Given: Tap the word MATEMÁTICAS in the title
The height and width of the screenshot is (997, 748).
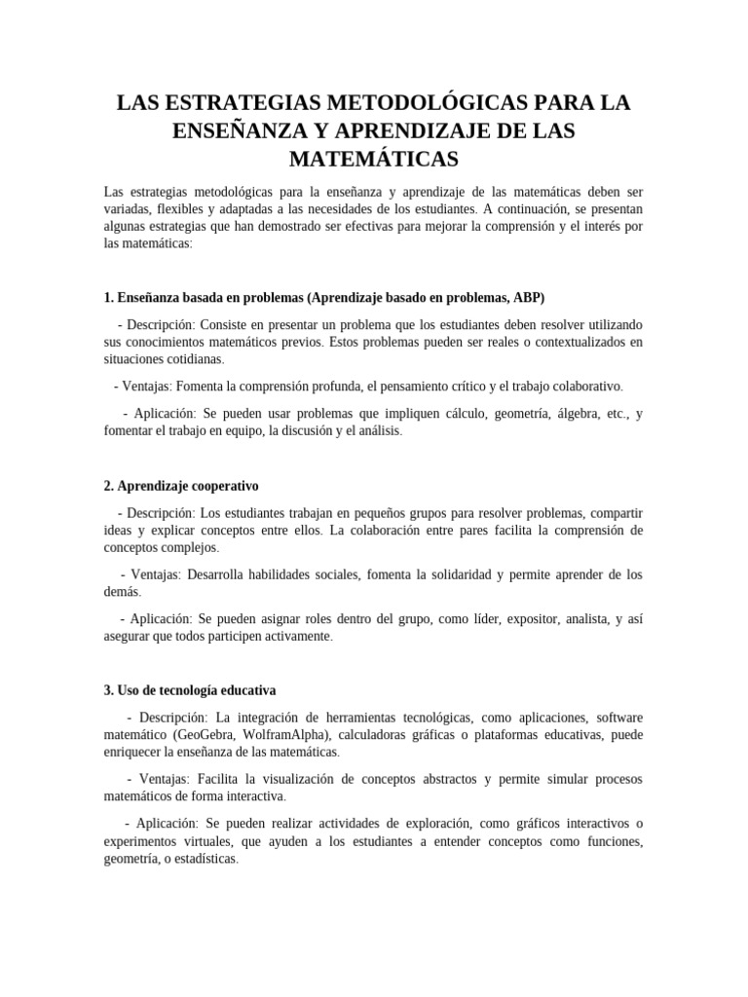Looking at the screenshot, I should [374, 157].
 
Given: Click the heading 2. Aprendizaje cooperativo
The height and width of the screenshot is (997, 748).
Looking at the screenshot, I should [181, 485].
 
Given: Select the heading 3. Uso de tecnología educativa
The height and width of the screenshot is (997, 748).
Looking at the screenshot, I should [190, 690].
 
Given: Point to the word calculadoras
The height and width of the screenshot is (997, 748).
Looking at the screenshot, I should [393, 735].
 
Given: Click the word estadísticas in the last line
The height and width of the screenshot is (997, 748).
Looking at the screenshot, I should [200, 860].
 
